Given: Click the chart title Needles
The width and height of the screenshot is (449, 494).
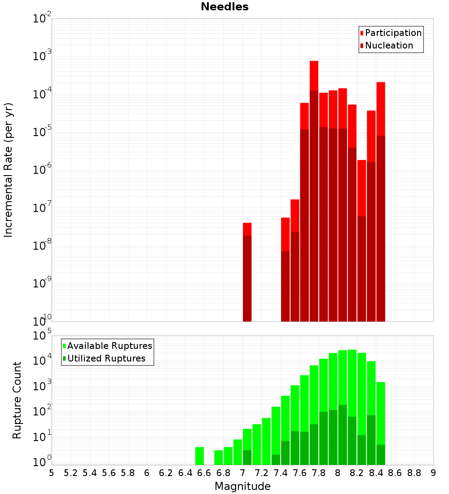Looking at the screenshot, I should [x=224, y=7].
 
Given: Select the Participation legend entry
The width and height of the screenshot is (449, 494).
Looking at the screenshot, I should [x=393, y=33].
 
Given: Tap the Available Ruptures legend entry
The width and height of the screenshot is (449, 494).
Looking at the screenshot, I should [x=110, y=346].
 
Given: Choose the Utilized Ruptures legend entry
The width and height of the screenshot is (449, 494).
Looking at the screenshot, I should [x=106, y=358].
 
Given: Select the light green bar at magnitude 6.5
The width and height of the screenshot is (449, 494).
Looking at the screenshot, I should [x=199, y=456].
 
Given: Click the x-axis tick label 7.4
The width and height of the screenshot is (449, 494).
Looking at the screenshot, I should [x=281, y=473].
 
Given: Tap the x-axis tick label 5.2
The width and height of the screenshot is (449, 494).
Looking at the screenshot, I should [x=70, y=473].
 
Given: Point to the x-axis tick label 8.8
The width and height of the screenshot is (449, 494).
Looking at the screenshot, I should [x=414, y=473].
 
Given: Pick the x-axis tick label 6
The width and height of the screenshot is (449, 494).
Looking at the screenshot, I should [x=147, y=473].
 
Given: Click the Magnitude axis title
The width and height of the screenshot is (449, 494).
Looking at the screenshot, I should [x=242, y=486].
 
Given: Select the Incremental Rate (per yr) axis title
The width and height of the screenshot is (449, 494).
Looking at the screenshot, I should [x=9, y=170].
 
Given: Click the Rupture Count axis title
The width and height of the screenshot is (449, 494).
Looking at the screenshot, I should [x=17, y=400].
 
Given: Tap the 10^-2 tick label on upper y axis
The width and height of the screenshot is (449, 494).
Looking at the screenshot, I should [x=42, y=19].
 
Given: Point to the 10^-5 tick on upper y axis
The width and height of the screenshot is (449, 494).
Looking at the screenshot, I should [x=42, y=132].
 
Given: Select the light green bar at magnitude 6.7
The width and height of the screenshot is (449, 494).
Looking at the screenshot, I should [x=218, y=457].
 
